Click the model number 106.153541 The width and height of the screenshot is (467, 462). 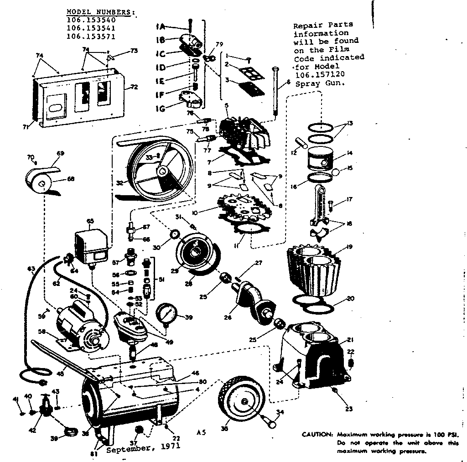coord(91,28)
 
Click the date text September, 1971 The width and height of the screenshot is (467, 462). coord(143,448)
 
